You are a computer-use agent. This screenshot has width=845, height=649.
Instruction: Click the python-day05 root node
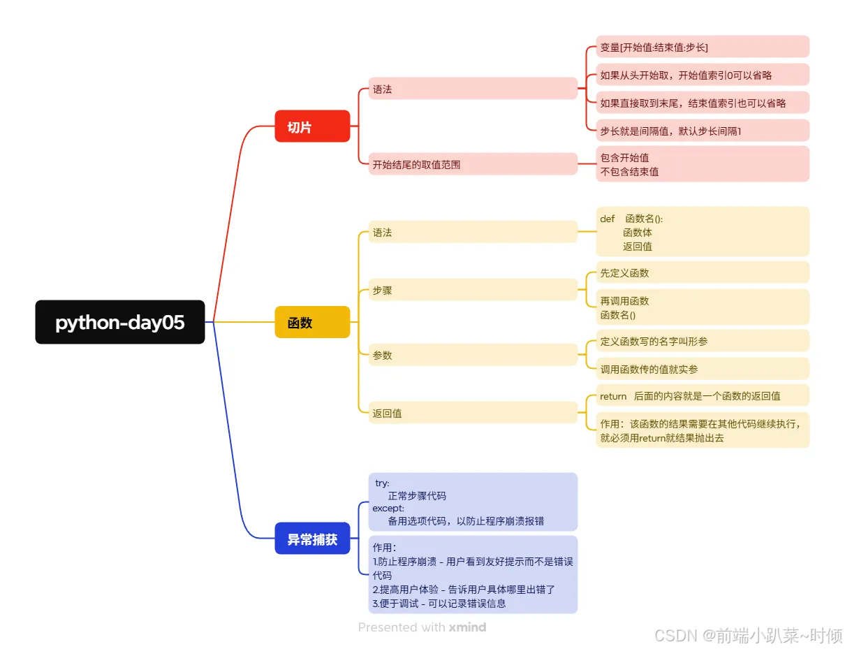120,322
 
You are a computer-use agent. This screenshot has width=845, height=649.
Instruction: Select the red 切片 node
312,126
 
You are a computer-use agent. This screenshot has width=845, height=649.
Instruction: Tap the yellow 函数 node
312,322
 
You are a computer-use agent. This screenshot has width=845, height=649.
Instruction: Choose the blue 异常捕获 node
312,539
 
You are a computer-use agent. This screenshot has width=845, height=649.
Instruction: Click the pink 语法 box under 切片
473,89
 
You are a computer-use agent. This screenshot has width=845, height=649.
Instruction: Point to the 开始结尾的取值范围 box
473,164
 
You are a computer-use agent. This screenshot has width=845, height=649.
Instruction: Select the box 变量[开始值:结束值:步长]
702,47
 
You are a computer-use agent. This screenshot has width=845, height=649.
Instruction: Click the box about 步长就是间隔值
702,131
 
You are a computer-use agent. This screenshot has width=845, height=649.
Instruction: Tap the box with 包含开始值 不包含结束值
702,164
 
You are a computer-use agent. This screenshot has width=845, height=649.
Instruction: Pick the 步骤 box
473,290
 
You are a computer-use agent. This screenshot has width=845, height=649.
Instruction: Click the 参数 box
473,355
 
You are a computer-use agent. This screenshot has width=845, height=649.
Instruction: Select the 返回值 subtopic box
473,413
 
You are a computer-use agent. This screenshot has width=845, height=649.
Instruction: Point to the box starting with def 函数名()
702,232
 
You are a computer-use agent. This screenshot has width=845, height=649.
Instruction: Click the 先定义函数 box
702,272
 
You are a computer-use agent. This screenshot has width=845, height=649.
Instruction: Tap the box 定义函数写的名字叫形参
702,341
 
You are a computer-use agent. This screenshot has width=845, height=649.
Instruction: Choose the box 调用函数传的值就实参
702,369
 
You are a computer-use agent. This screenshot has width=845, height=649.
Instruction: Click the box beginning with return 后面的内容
702,395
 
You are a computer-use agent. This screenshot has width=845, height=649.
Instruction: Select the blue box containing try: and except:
473,502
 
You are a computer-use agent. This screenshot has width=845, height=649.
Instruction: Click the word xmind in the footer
467,627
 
